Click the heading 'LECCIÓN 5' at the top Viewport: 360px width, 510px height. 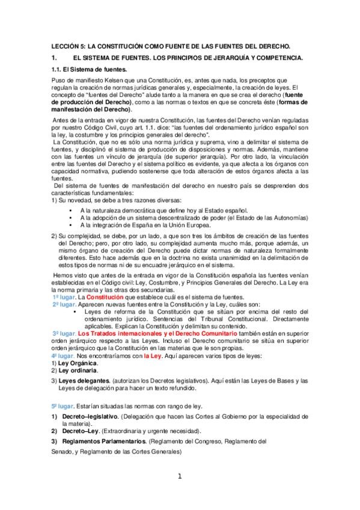[x=66, y=46]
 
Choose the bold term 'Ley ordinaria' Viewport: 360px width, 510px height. [x=76, y=372]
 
